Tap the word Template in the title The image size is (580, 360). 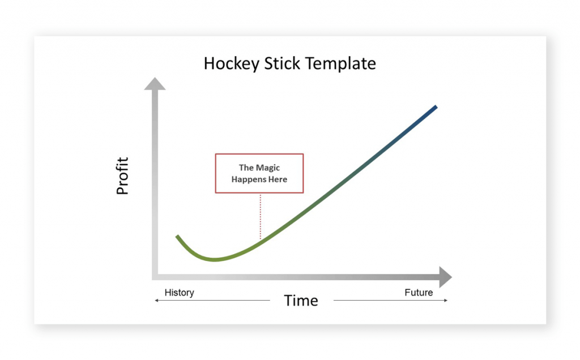click(341, 63)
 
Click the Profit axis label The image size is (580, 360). click(123, 176)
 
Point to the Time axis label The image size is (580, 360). click(301, 301)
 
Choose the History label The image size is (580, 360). click(179, 293)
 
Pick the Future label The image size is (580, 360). click(419, 293)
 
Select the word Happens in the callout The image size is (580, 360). click(248, 179)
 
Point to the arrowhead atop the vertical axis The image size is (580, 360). click(155, 84)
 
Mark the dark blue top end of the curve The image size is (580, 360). click(435, 107)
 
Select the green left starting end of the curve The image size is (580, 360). click(177, 236)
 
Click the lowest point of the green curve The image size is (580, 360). click(214, 260)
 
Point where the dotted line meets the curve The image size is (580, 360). click(260, 241)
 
